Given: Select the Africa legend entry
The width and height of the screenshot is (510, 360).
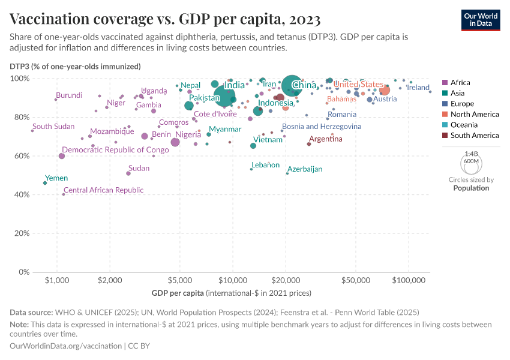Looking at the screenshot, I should tap(460, 83).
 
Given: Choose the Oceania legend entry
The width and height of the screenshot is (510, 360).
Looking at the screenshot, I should tap(463, 125).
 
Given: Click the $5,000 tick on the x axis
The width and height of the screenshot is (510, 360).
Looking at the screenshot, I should tap(179, 281).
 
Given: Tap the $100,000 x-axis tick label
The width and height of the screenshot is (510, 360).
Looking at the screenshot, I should tap(409, 281).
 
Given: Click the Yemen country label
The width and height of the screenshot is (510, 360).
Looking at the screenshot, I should tap(56, 178).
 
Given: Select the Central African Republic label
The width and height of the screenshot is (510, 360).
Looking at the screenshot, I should tap(103, 190).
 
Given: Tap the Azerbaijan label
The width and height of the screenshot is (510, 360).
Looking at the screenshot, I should tap(305, 169).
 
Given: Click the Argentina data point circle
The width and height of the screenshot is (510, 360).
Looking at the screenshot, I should tap(309, 144).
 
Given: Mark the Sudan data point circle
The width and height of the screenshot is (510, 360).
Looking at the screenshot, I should tap(128, 173).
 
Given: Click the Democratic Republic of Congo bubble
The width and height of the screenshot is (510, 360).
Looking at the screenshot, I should tap(62, 156).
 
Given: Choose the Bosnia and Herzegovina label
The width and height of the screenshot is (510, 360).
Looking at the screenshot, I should tap(322, 127).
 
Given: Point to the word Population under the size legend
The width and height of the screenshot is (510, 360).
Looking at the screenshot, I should tap(471, 188).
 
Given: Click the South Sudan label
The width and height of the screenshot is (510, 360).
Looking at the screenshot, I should tap(53, 127).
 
